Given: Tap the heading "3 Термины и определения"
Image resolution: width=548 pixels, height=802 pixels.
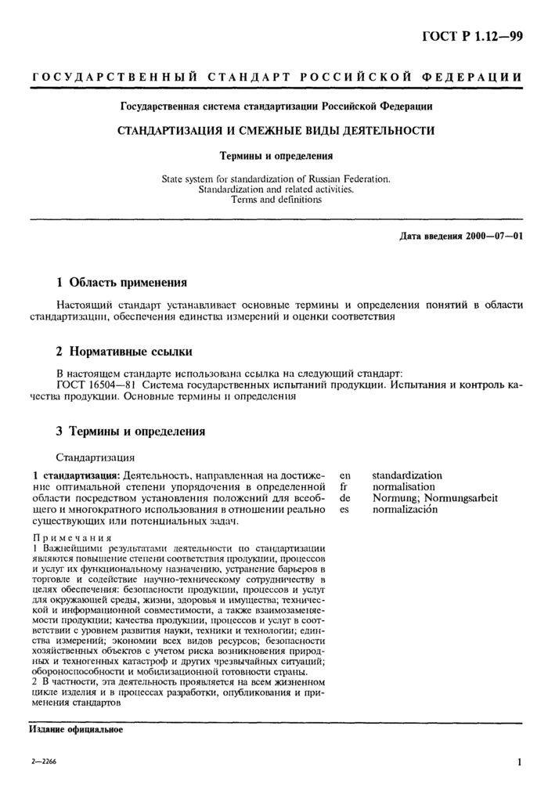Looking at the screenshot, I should [x=131, y=431].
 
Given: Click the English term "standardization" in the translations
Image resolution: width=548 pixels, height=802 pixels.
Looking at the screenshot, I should [x=406, y=475].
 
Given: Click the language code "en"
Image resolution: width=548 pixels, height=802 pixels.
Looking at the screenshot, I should [x=344, y=475].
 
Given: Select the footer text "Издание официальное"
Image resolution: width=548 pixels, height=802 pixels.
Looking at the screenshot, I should [x=76, y=729].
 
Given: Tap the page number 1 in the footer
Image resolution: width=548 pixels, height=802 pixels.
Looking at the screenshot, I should [x=519, y=761].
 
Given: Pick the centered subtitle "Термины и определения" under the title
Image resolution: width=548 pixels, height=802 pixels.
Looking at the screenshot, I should [x=275, y=155].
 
